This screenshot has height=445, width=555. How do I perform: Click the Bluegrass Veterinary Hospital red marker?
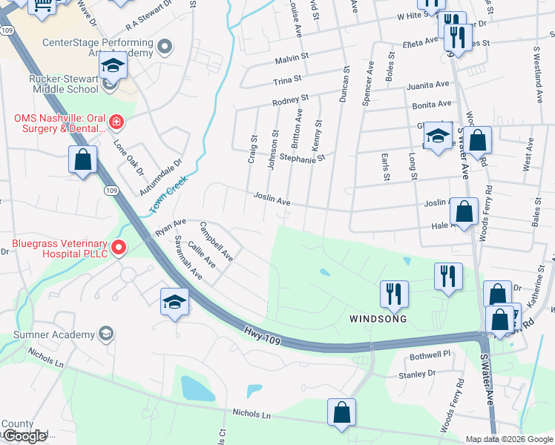coord(117,247)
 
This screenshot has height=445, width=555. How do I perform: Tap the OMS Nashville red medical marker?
coord(116,121)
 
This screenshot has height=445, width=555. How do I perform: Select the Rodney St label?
coord(290,99)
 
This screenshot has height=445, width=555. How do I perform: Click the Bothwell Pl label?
coord(430,355)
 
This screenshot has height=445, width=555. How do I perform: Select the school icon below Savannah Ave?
coord(174,301)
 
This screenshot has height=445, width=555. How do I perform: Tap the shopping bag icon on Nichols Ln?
coord(341,412)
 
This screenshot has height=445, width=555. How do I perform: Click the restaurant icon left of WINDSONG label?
coord(393,294)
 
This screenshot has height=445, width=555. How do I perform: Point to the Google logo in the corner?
coord(25,437)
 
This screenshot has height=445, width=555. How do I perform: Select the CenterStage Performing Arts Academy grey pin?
coord(166,48)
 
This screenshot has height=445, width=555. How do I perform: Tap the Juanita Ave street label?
coord(428,85)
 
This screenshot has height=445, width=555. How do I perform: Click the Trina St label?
coord(287,78)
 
